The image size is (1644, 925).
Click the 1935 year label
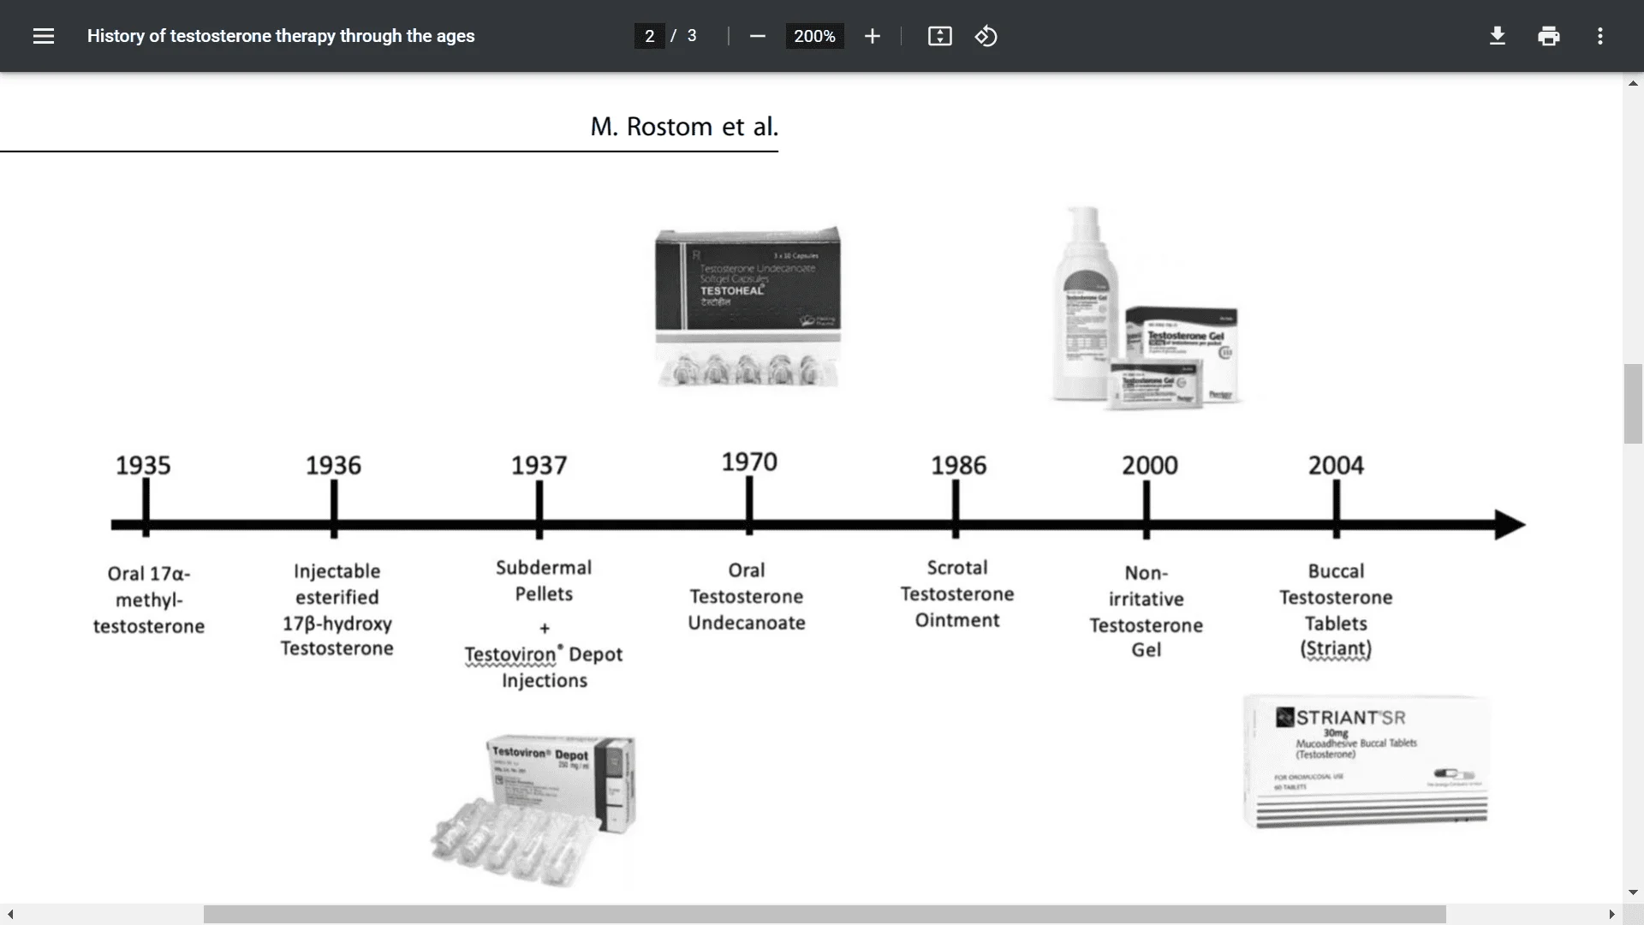pyautogui.click(x=143, y=465)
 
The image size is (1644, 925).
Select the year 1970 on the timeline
pyautogui.click(x=749, y=462)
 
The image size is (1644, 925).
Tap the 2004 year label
pyautogui.click(x=1336, y=465)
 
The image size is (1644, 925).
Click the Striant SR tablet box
pyautogui.click(x=1366, y=761)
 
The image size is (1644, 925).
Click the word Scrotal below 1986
pyautogui.click(x=957, y=568)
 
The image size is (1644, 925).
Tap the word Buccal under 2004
pyautogui.click(x=1336, y=571)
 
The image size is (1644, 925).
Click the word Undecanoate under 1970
pyautogui.click(x=747, y=623)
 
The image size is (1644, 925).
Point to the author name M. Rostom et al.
pyautogui.click(x=684, y=127)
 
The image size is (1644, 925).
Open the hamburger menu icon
pyautogui.click(x=44, y=36)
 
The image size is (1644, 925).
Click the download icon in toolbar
pyautogui.click(x=1497, y=36)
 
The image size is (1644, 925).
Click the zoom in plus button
pyautogui.click(x=872, y=36)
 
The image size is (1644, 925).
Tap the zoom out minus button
pyautogui.click(x=757, y=36)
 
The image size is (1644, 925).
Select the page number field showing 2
pyautogui.click(x=649, y=36)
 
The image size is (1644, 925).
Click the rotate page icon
pyautogui.click(x=986, y=36)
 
